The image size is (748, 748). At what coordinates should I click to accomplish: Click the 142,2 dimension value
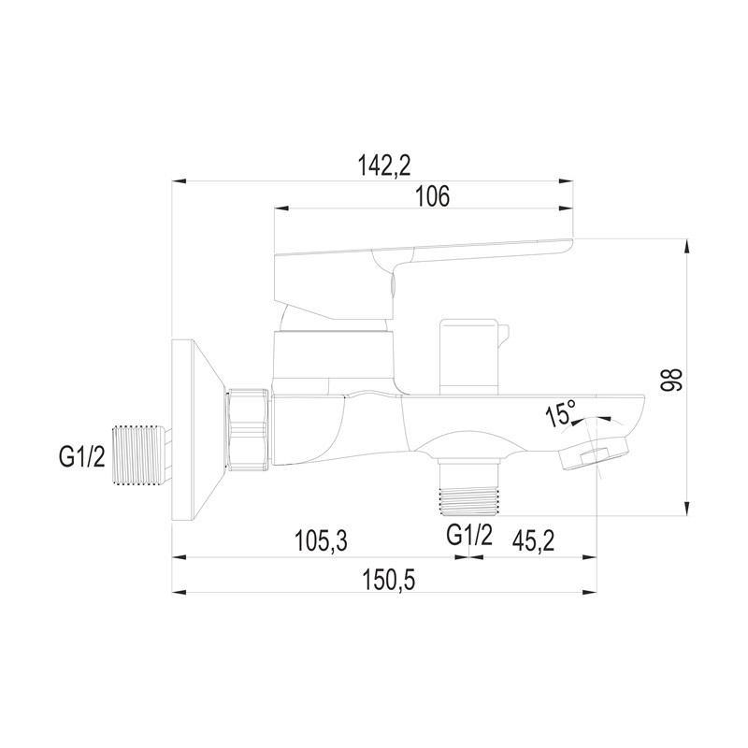pyautogui.click(x=384, y=165)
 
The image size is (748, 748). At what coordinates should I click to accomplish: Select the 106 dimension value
pyautogui.click(x=433, y=196)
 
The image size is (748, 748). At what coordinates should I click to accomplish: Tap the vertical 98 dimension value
pyautogui.click(x=671, y=380)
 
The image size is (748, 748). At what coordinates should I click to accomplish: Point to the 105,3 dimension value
pyautogui.click(x=321, y=541)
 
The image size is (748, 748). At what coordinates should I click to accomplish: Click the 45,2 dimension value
pyautogui.click(x=533, y=541)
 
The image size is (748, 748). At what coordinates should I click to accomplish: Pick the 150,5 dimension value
pyautogui.click(x=389, y=580)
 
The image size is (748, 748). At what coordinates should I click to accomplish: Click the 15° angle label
pyautogui.click(x=560, y=413)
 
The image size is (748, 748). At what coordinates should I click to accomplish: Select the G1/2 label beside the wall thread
pyautogui.click(x=81, y=457)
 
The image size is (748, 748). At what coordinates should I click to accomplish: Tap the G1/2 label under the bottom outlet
pyautogui.click(x=469, y=535)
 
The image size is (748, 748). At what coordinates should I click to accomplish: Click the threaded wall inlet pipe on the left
pyautogui.click(x=141, y=454)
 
